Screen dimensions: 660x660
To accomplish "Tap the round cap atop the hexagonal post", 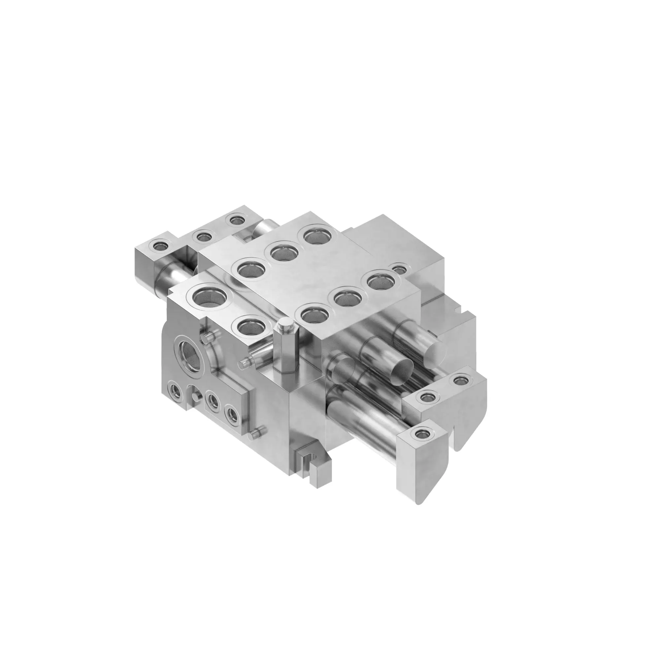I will (x=284, y=323).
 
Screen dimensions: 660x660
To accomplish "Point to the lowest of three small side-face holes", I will (x=232, y=414).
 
